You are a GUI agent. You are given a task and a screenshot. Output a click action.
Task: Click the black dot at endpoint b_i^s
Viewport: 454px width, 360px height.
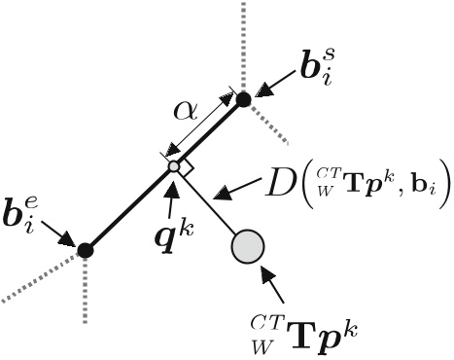pyautogui.click(x=244, y=97)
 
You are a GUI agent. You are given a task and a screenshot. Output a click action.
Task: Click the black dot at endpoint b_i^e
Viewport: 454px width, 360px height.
pyautogui.click(x=85, y=250)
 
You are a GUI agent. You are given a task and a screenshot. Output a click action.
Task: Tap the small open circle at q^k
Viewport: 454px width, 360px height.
pyautogui.click(x=173, y=167)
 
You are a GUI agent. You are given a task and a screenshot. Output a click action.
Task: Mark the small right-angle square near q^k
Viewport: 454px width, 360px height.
pyautogui.click(x=187, y=168)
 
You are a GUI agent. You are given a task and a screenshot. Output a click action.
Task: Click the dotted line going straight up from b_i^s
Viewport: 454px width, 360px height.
pyautogui.click(x=244, y=44)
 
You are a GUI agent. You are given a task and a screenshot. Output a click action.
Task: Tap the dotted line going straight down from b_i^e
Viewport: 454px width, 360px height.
pyautogui.click(x=85, y=292)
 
